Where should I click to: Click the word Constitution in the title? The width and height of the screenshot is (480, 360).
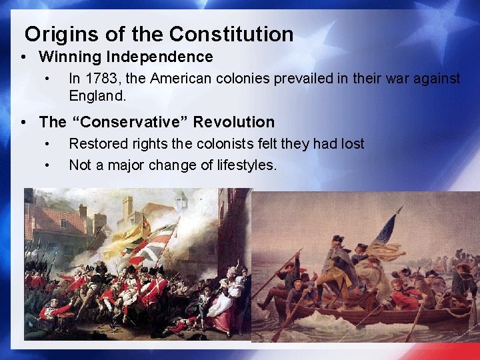tap(231, 34)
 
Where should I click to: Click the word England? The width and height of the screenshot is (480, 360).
tap(97, 95)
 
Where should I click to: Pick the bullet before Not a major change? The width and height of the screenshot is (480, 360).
tap(47, 165)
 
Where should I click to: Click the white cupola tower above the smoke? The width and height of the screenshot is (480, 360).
tap(180, 201)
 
